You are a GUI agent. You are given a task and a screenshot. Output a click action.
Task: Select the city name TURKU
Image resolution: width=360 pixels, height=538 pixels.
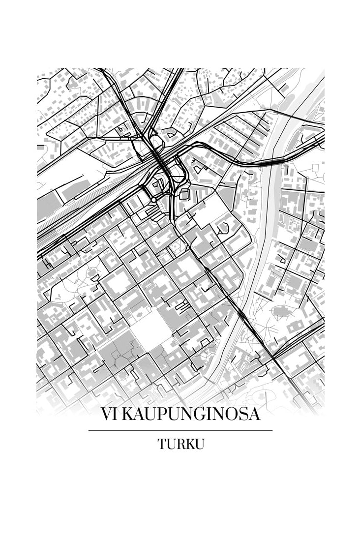180,444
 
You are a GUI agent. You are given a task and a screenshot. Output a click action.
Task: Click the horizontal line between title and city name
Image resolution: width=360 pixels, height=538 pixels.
180,430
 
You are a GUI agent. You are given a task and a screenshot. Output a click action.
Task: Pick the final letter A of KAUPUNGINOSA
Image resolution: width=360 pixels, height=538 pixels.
253,415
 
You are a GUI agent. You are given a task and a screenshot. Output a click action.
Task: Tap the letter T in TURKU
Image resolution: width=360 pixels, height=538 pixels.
161,444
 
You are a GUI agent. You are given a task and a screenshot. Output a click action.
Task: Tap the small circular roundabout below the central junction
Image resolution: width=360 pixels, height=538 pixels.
153,200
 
